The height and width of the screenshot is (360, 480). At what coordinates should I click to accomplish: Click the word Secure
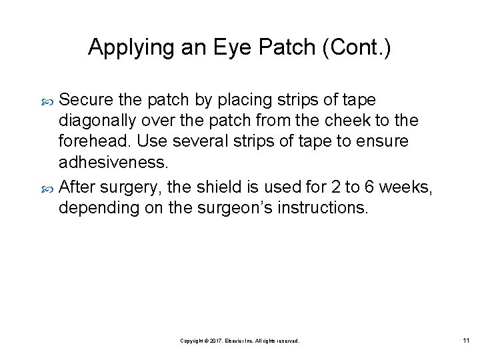pos(86,100)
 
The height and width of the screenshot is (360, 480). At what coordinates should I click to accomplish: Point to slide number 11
pos(466,341)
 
